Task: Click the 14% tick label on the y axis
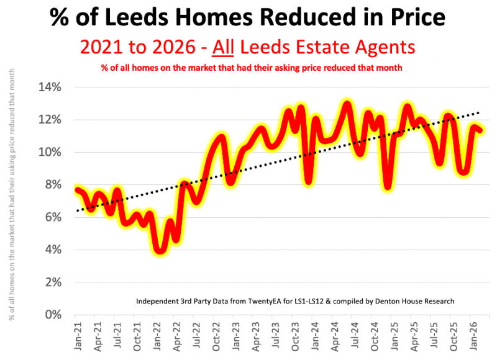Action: (x=50, y=87)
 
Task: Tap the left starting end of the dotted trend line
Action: (x=76, y=211)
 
